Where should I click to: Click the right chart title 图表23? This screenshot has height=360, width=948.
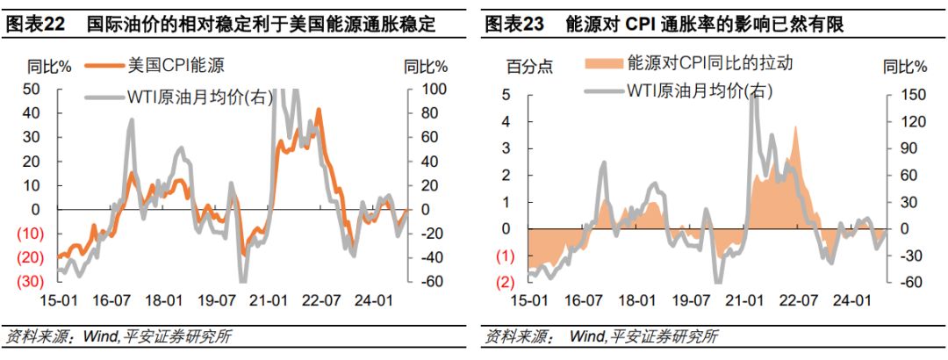pos(513,25)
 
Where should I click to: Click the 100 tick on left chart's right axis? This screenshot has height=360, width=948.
pos(433,89)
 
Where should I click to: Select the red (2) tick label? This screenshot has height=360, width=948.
pos(504,283)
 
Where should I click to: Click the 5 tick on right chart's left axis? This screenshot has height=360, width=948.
pos(506,95)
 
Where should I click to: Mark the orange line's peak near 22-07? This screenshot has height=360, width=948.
pos(319,110)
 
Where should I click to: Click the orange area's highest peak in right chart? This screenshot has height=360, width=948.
pos(795,127)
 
